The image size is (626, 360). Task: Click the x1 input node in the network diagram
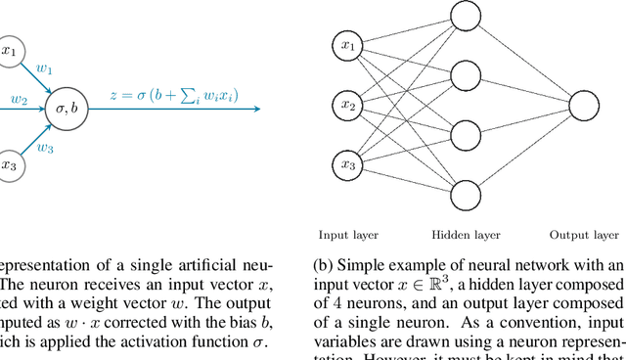[x=347, y=46]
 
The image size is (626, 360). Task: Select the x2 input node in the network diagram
[x=347, y=105]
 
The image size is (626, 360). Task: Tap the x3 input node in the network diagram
[x=347, y=164]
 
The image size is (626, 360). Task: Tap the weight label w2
[x=19, y=98]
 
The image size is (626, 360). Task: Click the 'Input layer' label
[x=347, y=235]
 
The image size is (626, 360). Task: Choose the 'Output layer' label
[x=584, y=235]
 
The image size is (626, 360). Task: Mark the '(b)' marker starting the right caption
[x=323, y=266]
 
